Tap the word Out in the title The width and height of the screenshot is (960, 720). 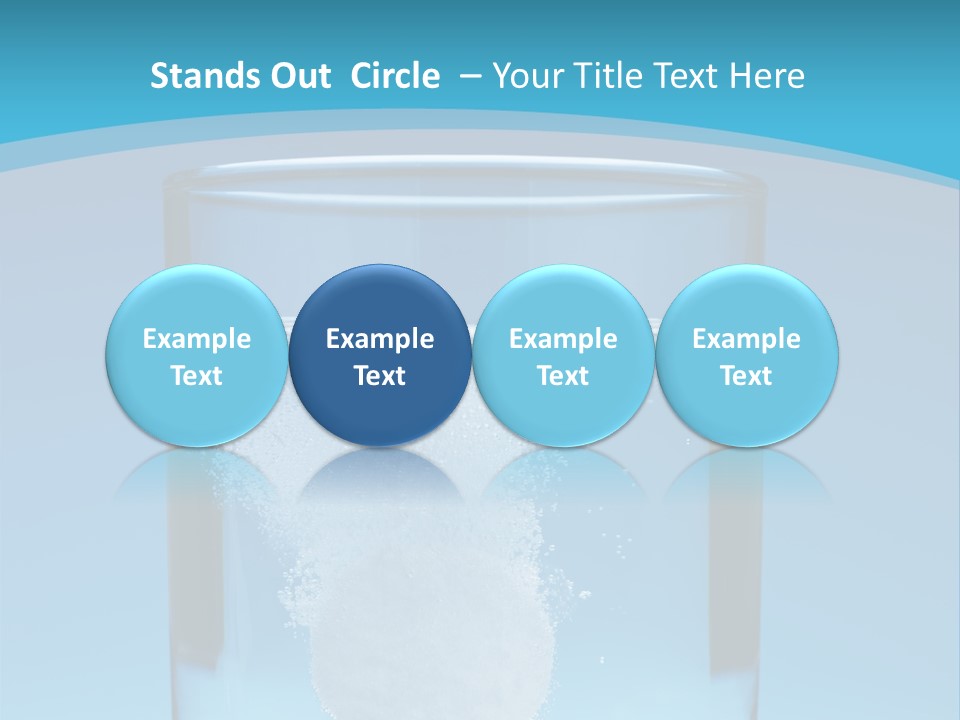click(x=297, y=76)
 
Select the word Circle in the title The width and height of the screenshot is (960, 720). click(x=395, y=76)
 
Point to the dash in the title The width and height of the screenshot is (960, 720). click(x=471, y=76)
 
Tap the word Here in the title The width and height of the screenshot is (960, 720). click(x=767, y=76)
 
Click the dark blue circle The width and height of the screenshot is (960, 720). click(x=380, y=300)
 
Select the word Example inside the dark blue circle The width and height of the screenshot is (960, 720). click(x=380, y=339)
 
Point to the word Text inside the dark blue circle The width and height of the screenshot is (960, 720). click(x=380, y=376)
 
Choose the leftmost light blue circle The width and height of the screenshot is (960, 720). click(x=196, y=300)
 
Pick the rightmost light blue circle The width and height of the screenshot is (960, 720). click(x=746, y=300)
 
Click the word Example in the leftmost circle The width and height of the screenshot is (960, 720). click(x=196, y=339)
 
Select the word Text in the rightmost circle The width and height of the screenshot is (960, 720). click(x=746, y=376)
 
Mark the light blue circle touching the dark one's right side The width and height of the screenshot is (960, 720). click(x=563, y=300)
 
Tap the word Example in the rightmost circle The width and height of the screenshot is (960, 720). click(x=746, y=339)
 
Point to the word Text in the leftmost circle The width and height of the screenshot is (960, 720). click(x=196, y=376)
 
